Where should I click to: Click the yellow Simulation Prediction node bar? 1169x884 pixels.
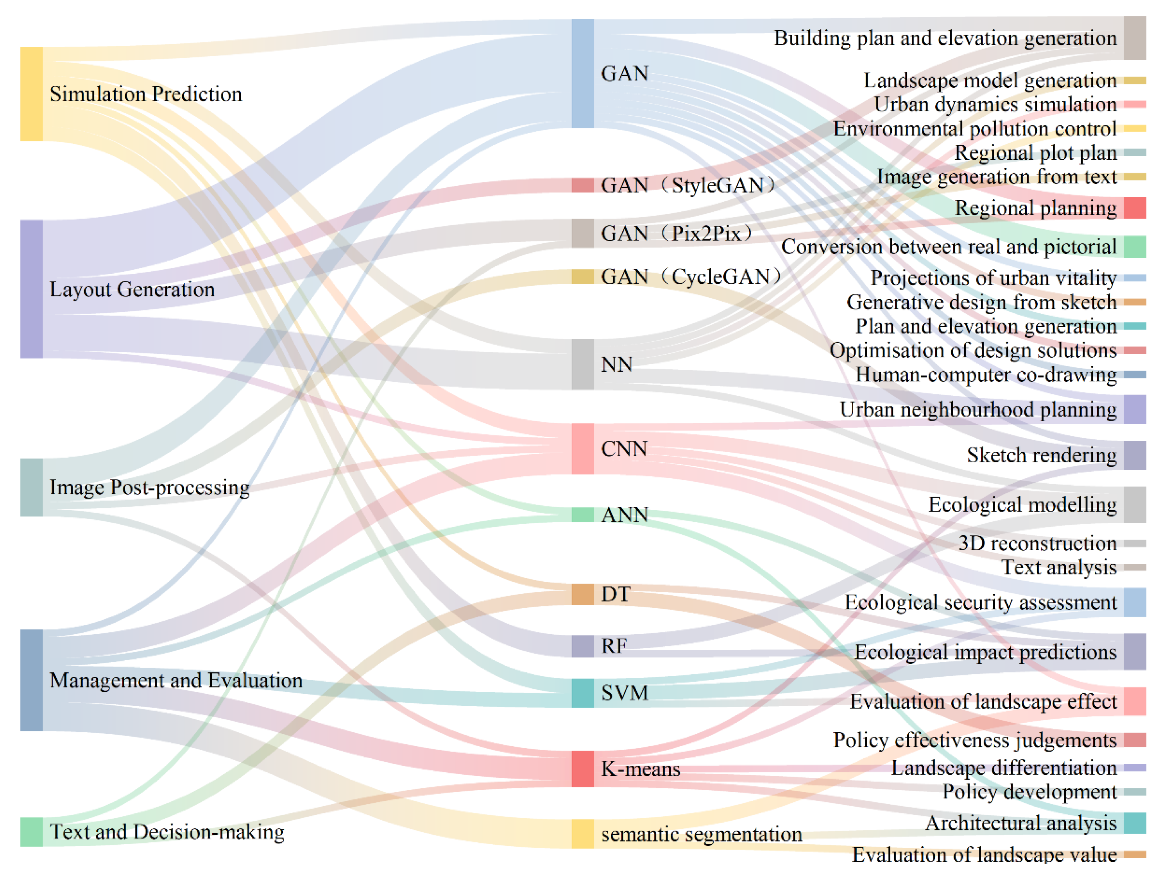click(x=31, y=94)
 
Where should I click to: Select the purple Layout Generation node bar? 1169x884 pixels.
click(x=31, y=289)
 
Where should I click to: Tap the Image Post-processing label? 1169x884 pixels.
click(x=150, y=487)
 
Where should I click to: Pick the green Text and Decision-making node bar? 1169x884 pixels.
click(x=31, y=832)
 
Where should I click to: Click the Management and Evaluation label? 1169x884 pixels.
click(x=176, y=680)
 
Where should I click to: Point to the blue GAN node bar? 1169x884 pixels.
click(x=582, y=73)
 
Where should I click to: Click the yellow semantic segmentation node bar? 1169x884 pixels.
click(x=582, y=834)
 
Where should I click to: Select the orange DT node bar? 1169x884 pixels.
click(x=582, y=594)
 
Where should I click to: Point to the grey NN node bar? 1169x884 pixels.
click(x=582, y=364)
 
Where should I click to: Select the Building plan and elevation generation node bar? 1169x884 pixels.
click(x=1135, y=38)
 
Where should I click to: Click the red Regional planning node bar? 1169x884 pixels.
click(x=1135, y=208)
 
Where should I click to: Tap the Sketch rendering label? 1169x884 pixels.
click(x=1042, y=455)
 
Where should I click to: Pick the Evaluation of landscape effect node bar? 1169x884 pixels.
click(x=1135, y=701)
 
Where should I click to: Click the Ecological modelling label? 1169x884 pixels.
click(x=1022, y=505)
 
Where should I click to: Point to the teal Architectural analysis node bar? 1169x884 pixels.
click(x=1135, y=823)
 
